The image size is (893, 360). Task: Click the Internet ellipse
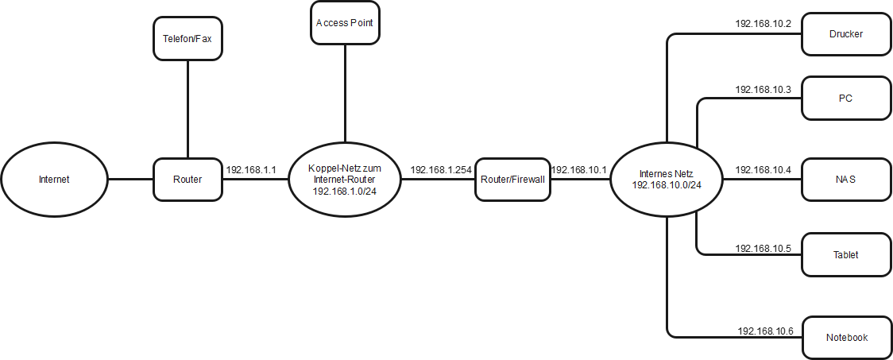coord(54,179)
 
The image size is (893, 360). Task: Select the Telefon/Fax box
coord(187,38)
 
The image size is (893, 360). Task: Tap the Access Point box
coord(344,23)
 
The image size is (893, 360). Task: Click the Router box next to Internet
coord(187,179)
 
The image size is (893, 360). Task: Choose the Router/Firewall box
coord(513,179)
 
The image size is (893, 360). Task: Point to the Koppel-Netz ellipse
coord(344,180)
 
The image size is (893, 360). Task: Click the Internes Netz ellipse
coord(667,179)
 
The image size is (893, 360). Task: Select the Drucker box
coord(845,34)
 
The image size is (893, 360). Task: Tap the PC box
coord(845,99)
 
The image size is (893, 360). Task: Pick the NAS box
coord(845,179)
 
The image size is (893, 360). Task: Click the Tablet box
coord(845,255)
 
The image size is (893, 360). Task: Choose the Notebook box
coord(845,337)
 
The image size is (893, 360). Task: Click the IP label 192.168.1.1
coord(251,170)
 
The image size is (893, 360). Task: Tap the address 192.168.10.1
coord(578,170)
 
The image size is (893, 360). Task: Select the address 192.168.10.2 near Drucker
coord(763,25)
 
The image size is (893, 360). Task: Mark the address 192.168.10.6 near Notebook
coord(765,331)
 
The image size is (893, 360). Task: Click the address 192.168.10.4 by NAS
coord(763,170)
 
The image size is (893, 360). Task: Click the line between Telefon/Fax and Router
coord(187,109)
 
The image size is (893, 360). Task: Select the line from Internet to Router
coord(130,179)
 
